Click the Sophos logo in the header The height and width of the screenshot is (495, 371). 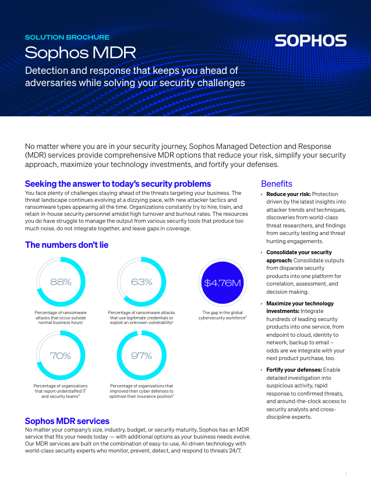pos(310,41)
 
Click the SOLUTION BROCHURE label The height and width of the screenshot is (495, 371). pos(67,37)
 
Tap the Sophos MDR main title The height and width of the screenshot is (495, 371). pos(80,53)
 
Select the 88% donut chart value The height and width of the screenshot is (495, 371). pos(61,282)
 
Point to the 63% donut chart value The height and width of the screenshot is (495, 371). pos(142,282)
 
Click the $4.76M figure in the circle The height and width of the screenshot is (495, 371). pos(222,283)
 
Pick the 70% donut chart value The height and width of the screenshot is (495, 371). pos(61,355)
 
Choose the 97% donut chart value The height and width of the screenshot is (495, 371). pos(142,355)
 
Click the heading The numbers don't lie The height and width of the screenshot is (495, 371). pos(66,245)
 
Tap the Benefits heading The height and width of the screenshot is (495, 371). pos(277,184)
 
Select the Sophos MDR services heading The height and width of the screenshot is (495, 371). pos(67,421)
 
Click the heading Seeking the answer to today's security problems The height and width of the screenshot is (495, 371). pos(118,184)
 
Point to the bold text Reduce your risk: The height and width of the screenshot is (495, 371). pos(288,194)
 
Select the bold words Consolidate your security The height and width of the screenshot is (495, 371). pos(299,252)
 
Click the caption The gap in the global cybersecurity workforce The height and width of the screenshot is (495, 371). pos(222,315)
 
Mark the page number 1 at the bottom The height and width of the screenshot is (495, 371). pos(345,475)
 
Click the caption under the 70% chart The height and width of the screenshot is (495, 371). pos(61,391)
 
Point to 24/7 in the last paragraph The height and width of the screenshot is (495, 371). pos(232,451)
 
